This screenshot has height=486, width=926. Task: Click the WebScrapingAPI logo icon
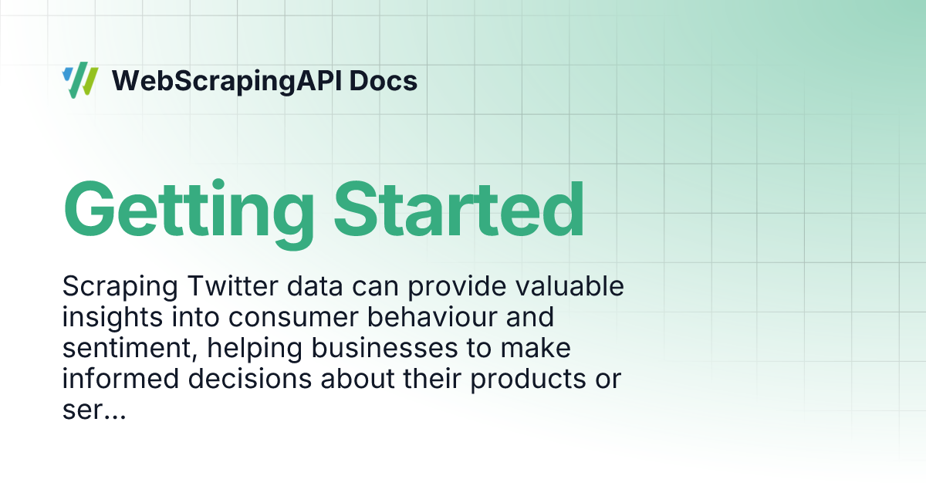click(x=80, y=80)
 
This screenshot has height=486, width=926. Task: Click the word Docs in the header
click(x=384, y=80)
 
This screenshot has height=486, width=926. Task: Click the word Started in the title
click(x=459, y=209)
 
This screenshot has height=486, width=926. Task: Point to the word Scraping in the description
click(x=120, y=287)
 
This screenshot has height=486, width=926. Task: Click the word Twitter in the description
click(x=233, y=285)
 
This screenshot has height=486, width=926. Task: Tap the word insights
click(x=113, y=318)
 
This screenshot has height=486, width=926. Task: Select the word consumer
click(x=293, y=318)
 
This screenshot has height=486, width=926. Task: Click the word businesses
click(x=384, y=348)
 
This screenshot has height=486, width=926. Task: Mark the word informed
click(x=120, y=379)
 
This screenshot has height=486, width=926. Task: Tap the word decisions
click(x=250, y=379)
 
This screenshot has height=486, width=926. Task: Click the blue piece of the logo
click(x=67, y=74)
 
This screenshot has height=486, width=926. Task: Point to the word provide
click(x=457, y=287)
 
